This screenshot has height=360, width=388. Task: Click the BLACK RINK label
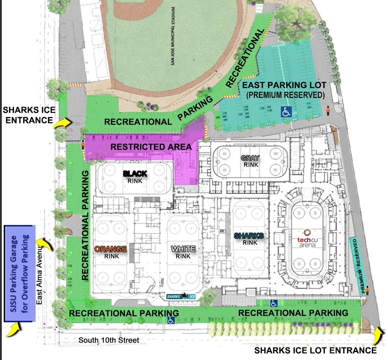[135, 177]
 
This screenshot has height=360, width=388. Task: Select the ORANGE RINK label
[111, 252]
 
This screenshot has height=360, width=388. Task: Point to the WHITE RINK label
[183, 252]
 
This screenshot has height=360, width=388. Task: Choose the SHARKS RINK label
[249, 239]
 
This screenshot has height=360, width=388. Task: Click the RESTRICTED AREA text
[151, 147]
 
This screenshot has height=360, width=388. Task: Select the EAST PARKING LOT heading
[284, 86]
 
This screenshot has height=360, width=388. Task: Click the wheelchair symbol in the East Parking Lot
[286, 112]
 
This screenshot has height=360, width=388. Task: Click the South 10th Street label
[109, 340]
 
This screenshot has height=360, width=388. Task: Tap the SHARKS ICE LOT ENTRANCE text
[315, 350]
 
